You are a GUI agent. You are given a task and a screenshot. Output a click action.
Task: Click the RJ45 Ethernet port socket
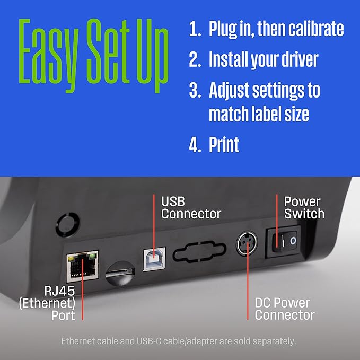[x=83, y=266]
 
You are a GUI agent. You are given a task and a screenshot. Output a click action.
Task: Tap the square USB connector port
[x=154, y=259]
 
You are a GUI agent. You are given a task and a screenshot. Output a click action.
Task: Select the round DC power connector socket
[x=247, y=243]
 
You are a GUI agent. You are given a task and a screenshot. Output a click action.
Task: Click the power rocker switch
[x=284, y=242]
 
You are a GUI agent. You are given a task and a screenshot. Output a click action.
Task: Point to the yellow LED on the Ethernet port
[x=71, y=259]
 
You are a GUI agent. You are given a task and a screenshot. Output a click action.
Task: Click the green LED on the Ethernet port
[x=92, y=256]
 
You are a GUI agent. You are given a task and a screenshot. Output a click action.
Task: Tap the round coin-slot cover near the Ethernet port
[x=120, y=273]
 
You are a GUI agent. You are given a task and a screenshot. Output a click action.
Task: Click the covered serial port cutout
[x=199, y=251]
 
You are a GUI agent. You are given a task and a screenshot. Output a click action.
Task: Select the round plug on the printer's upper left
[x=68, y=225]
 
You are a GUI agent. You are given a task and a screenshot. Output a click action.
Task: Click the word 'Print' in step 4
[x=224, y=145]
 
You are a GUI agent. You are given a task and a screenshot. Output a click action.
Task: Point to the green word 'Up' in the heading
[x=153, y=56]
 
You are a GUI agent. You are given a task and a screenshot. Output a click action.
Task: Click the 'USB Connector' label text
[x=191, y=208]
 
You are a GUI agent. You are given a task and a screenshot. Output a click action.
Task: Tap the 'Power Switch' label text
[x=304, y=208]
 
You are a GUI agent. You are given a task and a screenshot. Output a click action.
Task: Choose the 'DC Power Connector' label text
[x=285, y=309]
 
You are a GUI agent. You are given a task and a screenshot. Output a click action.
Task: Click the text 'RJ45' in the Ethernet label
[x=59, y=291]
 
